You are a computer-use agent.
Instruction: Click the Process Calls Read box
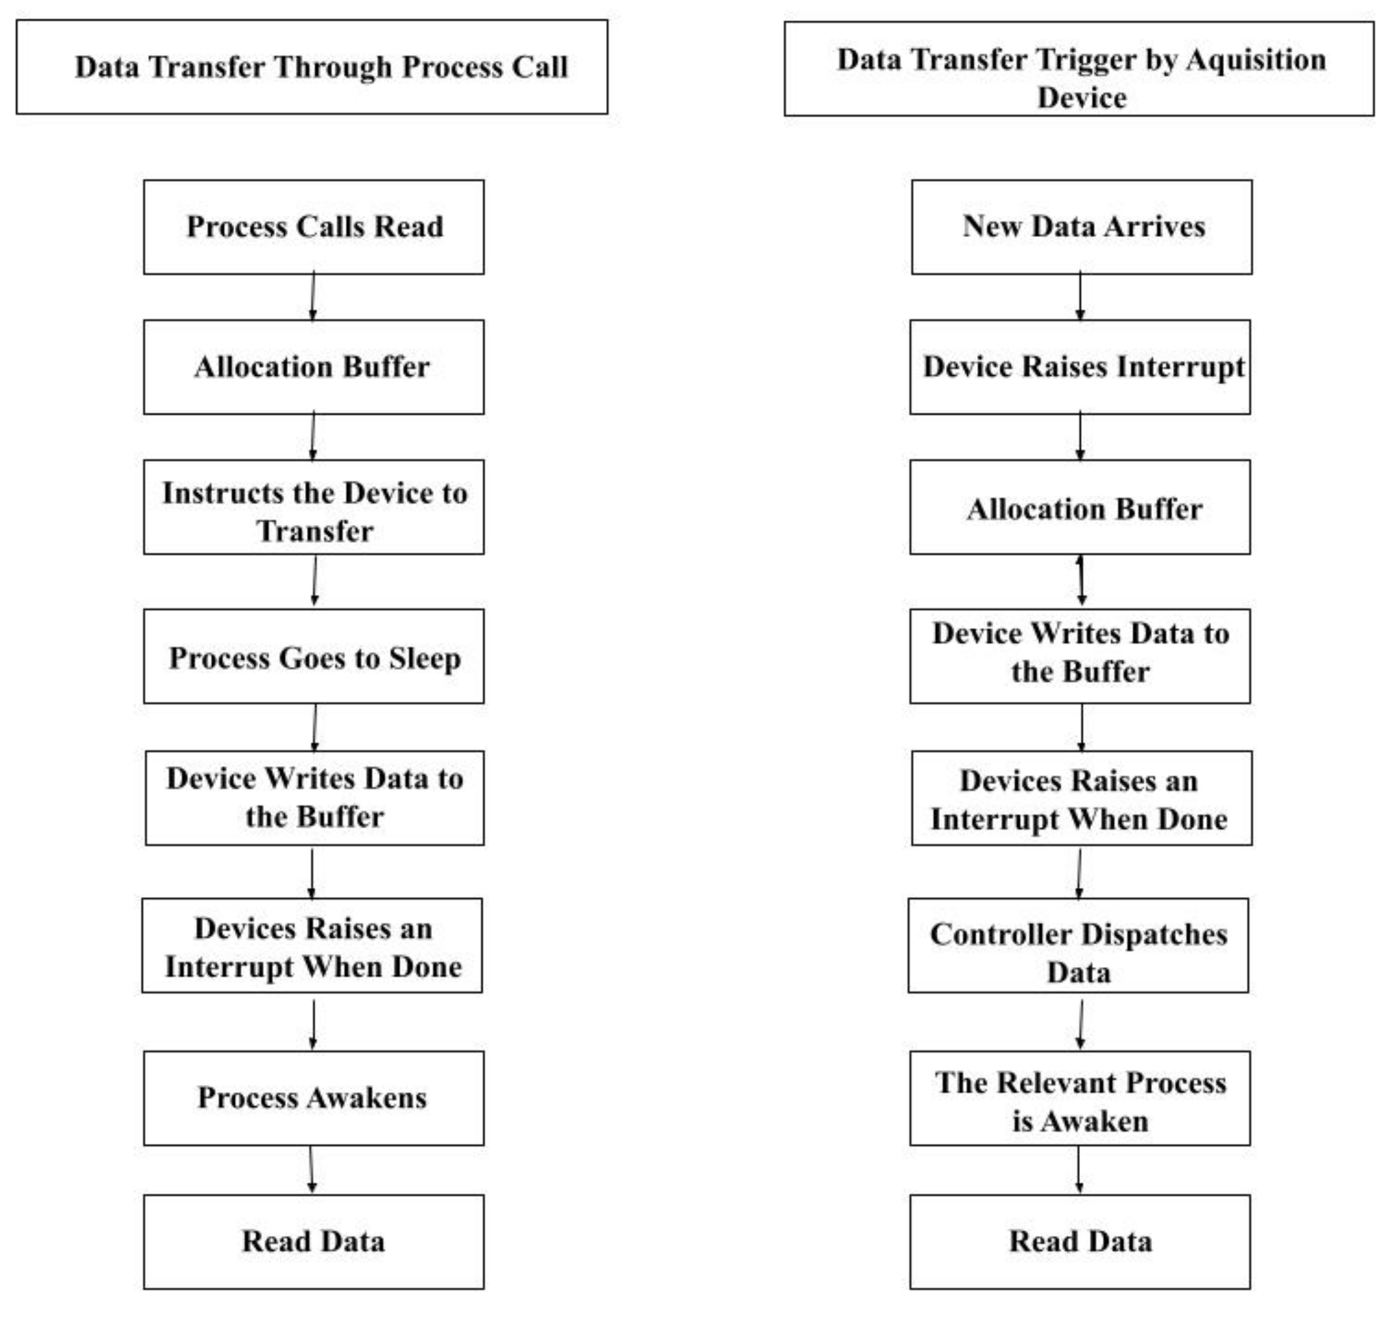tap(314, 227)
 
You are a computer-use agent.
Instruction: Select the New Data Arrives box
tap(1082, 227)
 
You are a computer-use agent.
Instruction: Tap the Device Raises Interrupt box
tap(1081, 367)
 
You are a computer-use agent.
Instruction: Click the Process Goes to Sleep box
tap(314, 657)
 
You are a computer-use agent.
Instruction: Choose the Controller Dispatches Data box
tap(1078, 945)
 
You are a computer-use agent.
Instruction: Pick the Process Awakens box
tap(314, 1098)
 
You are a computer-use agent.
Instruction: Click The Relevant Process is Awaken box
tap(1081, 1098)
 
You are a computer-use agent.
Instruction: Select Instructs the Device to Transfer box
tap(314, 507)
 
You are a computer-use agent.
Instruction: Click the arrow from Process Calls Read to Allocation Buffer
tap(313, 297)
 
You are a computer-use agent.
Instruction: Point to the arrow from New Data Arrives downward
tap(1081, 297)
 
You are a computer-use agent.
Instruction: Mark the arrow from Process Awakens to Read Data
tap(312, 1169)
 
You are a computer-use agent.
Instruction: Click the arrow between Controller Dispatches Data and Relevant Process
tap(1081, 1022)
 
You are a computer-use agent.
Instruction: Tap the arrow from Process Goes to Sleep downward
tap(314, 727)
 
